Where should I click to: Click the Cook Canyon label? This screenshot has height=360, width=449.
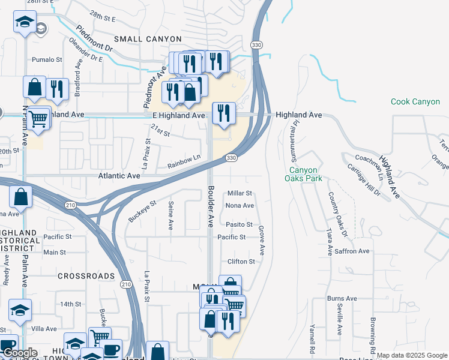[x=415, y=101]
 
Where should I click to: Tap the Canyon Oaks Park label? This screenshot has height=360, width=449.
[x=303, y=173]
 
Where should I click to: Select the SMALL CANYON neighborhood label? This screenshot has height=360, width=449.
[x=144, y=39]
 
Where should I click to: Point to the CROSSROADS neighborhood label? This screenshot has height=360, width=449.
[x=86, y=276]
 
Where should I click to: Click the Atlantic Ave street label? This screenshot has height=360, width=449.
[x=119, y=176]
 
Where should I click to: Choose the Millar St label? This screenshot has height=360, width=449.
[x=240, y=193]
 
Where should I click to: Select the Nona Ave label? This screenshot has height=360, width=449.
[x=240, y=205]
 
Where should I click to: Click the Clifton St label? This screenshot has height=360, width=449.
[x=241, y=262]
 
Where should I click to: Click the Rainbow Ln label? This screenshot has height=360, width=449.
[x=184, y=161]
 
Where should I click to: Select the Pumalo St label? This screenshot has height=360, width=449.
[x=47, y=60]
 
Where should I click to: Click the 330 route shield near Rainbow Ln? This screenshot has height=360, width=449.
[x=231, y=157]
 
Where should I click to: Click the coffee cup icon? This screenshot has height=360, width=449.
[x=110, y=349]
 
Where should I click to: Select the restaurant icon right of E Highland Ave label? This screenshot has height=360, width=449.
[x=223, y=112]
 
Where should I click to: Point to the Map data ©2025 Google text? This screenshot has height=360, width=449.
[x=412, y=355]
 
